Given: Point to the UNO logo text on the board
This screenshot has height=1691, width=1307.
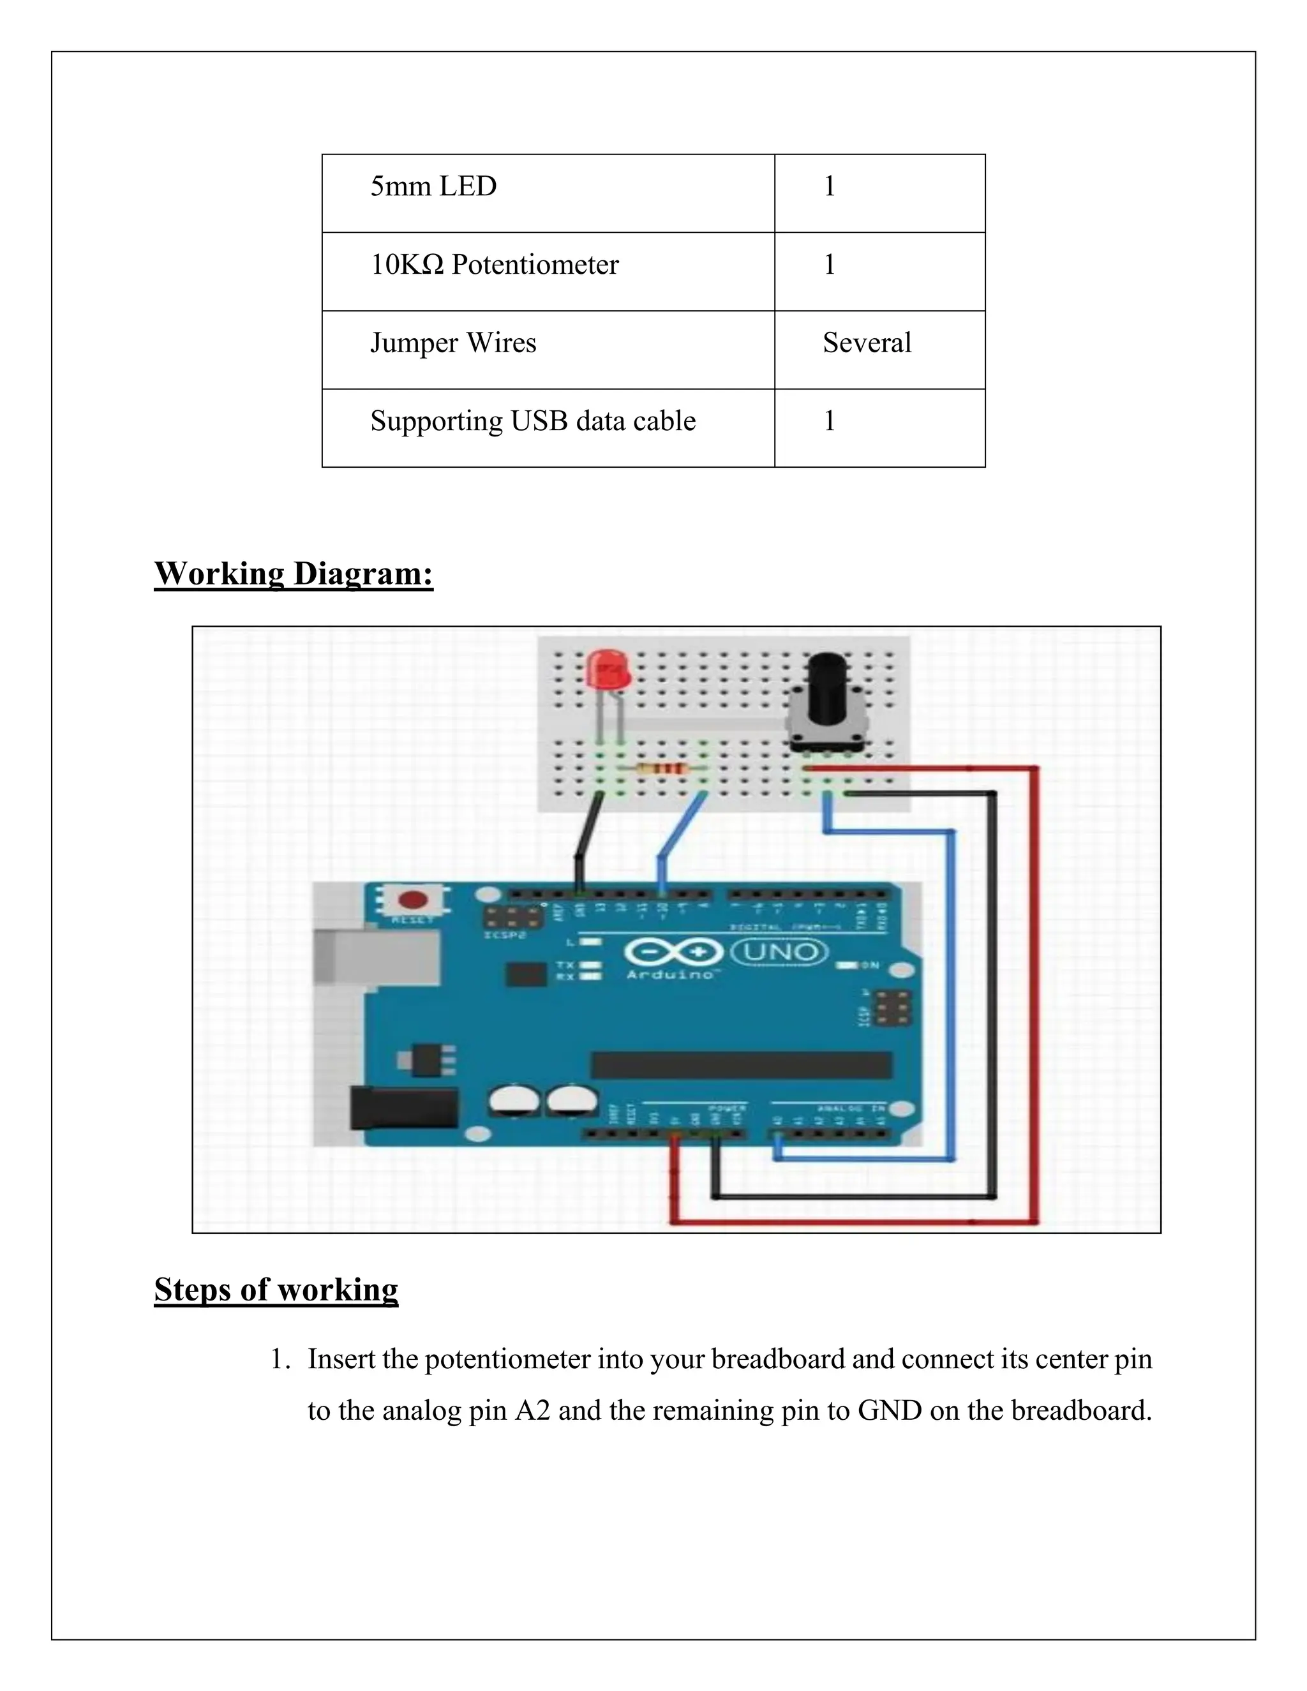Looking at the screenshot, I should (779, 951).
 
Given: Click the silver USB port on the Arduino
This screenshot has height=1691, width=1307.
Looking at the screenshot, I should (377, 957).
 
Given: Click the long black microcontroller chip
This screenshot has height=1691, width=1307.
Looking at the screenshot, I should (741, 1066).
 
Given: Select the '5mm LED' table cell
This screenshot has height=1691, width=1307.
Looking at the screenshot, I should (433, 186).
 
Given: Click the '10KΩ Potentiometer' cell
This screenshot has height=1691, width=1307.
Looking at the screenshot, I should (495, 265).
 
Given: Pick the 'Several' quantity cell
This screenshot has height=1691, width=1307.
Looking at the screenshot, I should (867, 343).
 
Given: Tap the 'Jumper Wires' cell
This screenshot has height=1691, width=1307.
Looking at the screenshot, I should (453, 343).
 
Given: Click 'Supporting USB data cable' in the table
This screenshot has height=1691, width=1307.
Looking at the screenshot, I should (533, 421).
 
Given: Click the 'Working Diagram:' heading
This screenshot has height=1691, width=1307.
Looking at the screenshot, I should (294, 574).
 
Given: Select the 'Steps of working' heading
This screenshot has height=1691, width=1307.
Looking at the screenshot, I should (276, 1290).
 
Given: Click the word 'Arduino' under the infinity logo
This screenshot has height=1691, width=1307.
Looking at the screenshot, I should (669, 974).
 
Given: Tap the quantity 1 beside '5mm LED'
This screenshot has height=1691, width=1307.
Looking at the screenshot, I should (829, 186).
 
